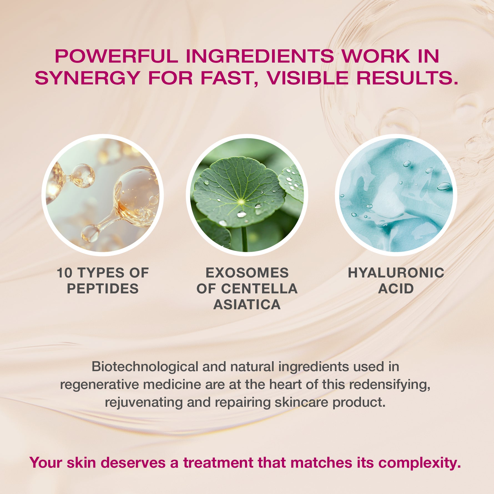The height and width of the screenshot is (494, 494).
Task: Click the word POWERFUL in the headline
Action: tap(116, 56)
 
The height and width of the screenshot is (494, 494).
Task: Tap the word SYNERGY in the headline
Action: tap(87, 78)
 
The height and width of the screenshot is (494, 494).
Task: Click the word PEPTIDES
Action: tap(103, 289)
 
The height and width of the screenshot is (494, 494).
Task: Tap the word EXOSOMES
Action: tap(247, 273)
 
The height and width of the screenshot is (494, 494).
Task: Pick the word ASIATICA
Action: tap(247, 305)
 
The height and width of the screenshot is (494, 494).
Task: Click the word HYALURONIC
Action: tap(396, 273)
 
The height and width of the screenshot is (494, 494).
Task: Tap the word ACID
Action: tap(396, 289)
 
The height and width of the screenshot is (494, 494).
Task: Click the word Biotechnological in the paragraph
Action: tap(145, 367)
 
